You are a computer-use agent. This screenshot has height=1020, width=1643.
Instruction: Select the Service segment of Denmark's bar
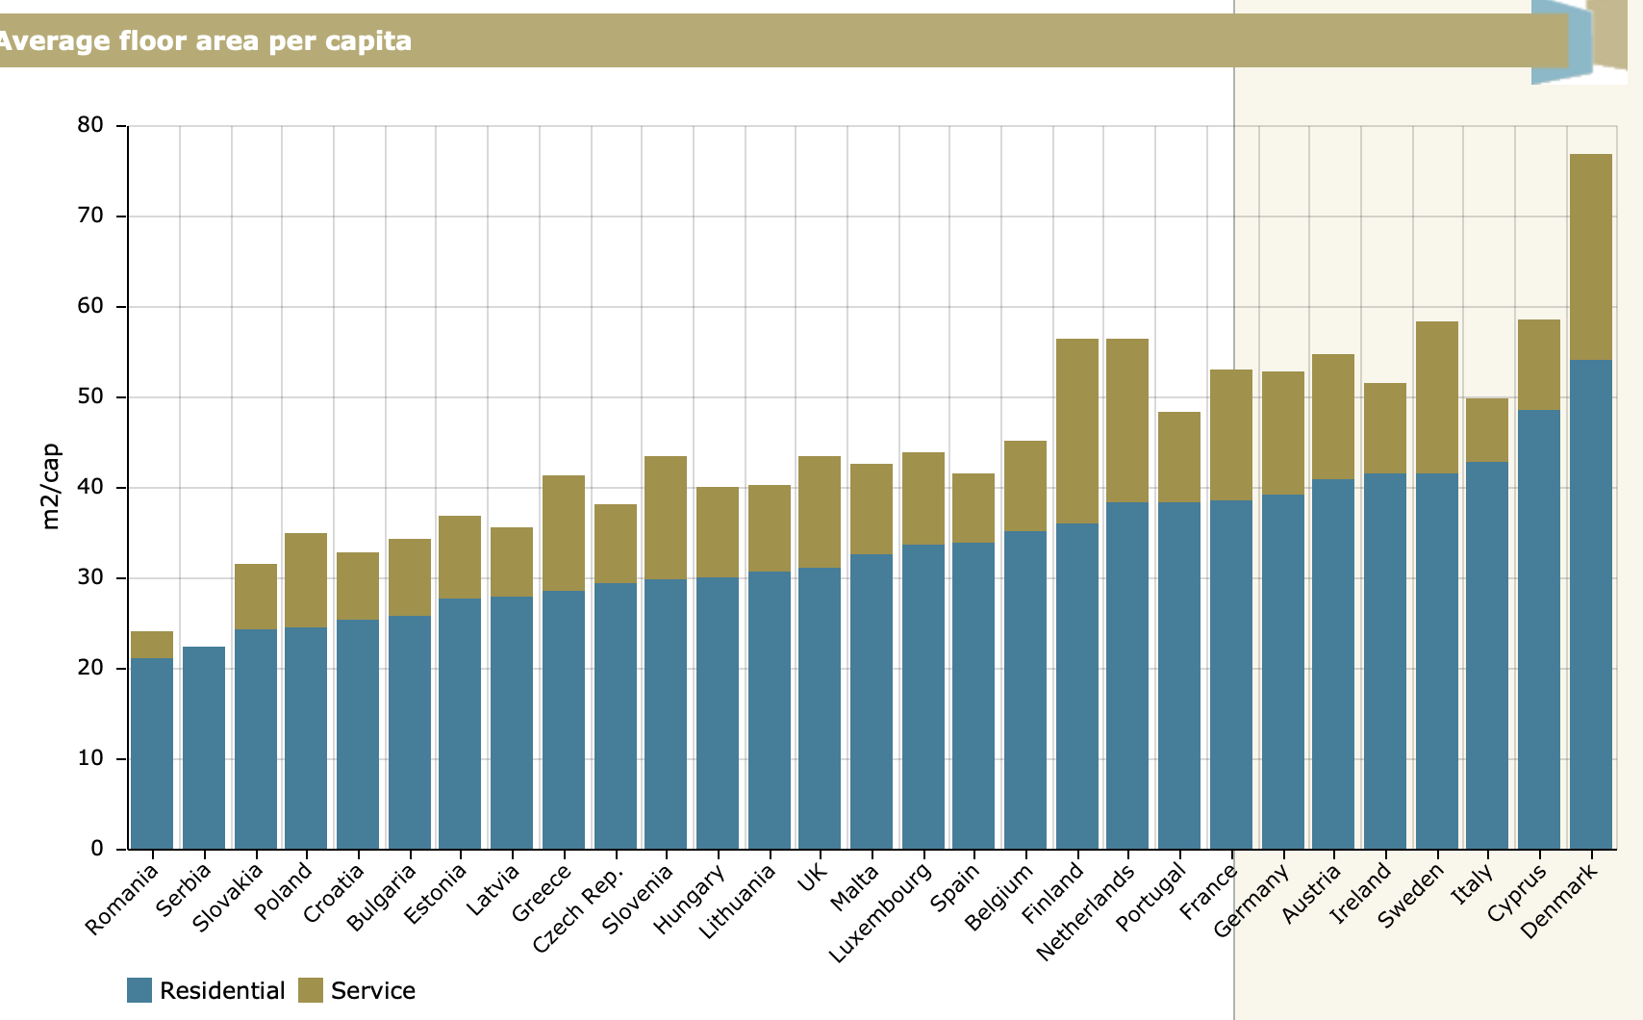pyautogui.click(x=1590, y=257)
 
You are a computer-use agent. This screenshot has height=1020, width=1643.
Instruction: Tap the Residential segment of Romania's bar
pyautogui.click(x=152, y=753)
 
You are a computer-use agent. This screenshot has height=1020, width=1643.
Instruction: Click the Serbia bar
pyautogui.click(x=204, y=748)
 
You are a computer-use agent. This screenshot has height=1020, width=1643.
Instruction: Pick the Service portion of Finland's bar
pyautogui.click(x=1076, y=431)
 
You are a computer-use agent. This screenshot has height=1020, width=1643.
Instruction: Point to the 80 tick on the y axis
pyautogui.click(x=90, y=125)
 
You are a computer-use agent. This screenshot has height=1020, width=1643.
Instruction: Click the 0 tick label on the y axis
pyautogui.click(x=96, y=849)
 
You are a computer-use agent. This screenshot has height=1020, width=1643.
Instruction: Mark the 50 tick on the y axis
pyautogui.click(x=90, y=396)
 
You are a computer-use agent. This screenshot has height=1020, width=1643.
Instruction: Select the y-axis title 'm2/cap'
pyautogui.click(x=51, y=486)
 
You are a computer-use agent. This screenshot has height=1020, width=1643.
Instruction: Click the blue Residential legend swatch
pyautogui.click(x=139, y=990)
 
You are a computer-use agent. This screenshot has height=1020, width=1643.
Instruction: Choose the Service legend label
pyautogui.click(x=373, y=990)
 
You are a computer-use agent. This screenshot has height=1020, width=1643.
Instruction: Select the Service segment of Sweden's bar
pyautogui.click(x=1436, y=397)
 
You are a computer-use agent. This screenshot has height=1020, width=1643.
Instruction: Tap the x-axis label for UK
pyautogui.click(x=814, y=877)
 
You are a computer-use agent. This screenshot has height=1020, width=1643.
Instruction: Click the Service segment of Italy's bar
pyautogui.click(x=1487, y=430)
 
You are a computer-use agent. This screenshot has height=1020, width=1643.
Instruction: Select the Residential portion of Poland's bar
pyautogui.click(x=306, y=738)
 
